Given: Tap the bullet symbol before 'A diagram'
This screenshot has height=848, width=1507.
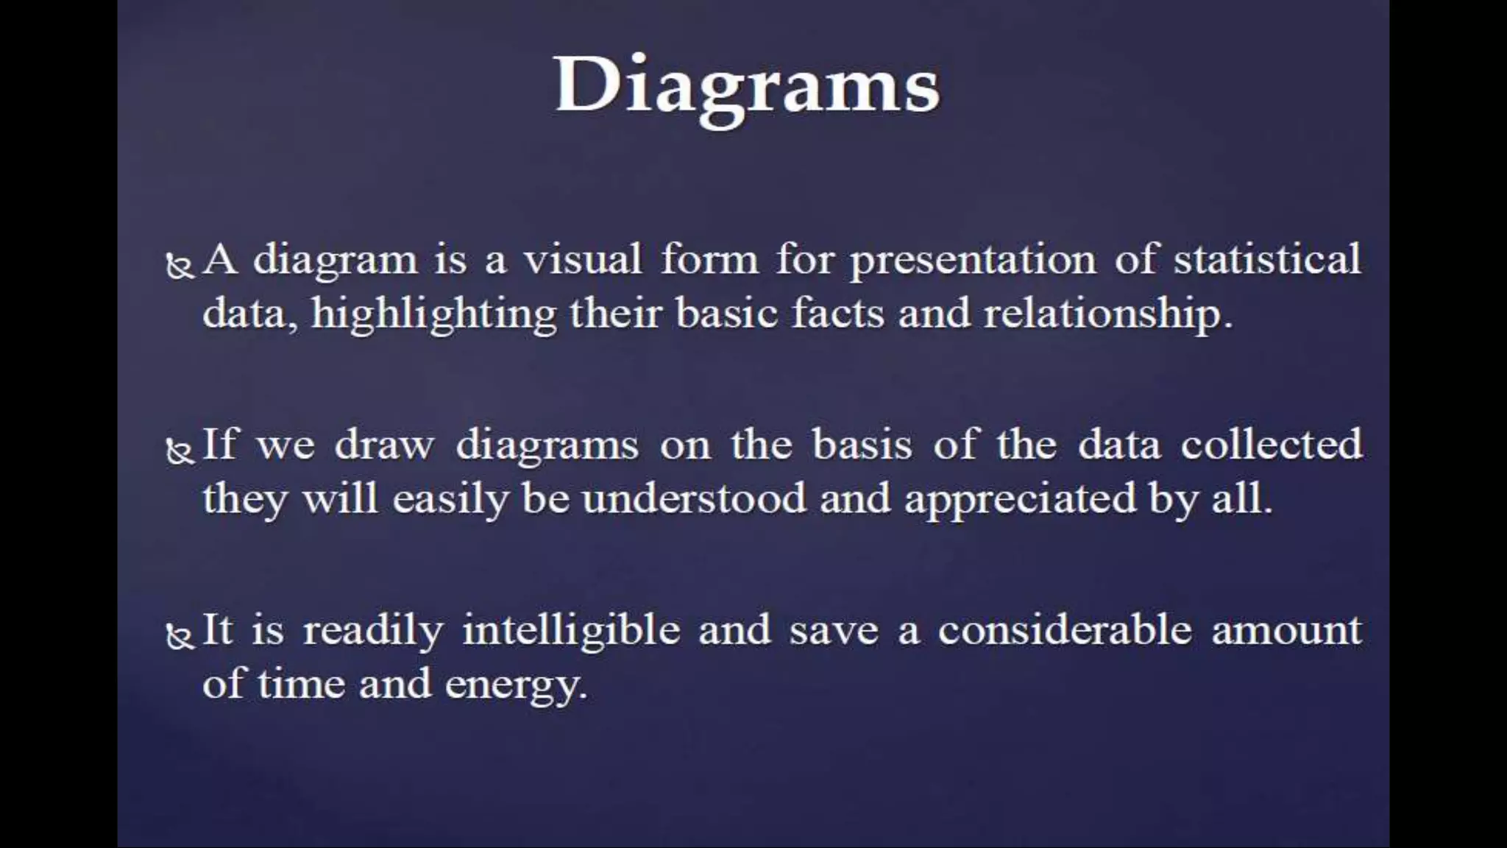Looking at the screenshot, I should click(180, 266).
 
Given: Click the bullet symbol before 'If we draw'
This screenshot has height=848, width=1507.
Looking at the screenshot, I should click(180, 451).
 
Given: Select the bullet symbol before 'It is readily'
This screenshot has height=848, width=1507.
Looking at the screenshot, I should click(180, 635).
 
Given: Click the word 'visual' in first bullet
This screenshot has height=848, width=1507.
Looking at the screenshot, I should click(582, 260).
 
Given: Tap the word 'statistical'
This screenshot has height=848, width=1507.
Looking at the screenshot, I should click(1266, 260).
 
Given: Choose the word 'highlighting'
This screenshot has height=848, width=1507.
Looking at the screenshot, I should click(433, 315).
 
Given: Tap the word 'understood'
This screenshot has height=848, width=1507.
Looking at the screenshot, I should click(693, 499).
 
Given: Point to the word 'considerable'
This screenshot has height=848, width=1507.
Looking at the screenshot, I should click(1064, 630).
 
